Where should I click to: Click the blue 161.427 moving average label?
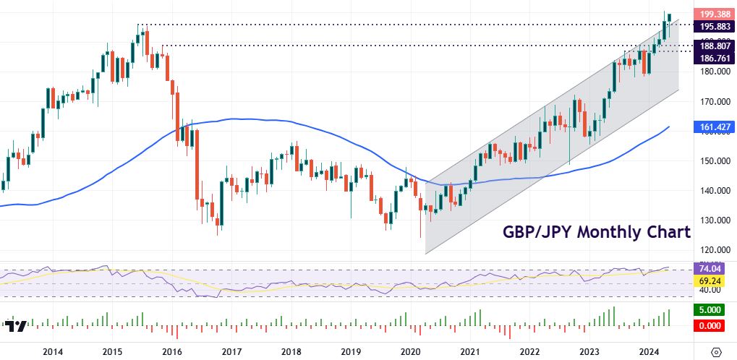point(713,127)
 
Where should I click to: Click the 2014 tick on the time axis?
point(52,352)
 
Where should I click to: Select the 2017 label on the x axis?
point(231,352)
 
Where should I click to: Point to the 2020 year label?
point(410,352)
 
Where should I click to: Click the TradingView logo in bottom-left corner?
point(17,325)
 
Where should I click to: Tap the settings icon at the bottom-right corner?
point(717,351)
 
